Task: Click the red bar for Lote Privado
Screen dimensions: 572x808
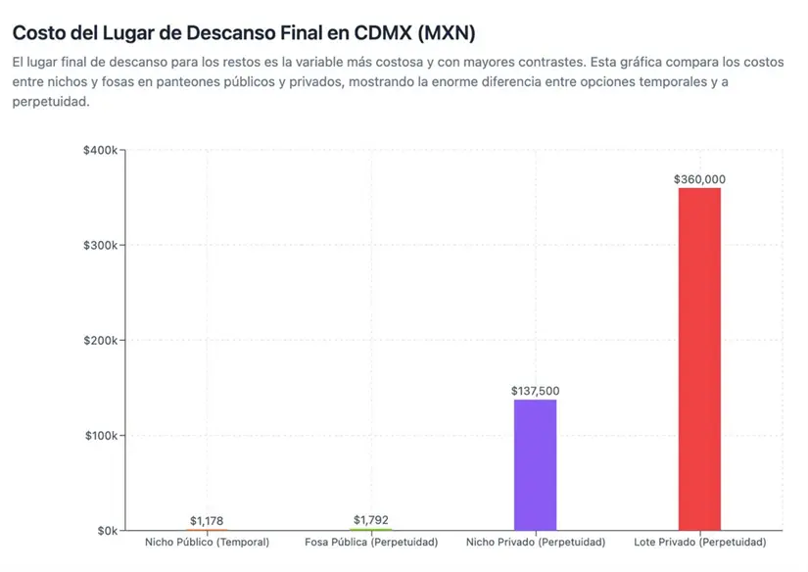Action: [x=699, y=358]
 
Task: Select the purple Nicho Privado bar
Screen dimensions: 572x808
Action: [x=535, y=464]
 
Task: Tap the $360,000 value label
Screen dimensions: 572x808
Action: [x=699, y=179]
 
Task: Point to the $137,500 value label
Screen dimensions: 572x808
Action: [x=535, y=391]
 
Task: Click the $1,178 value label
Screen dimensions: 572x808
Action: [x=207, y=520]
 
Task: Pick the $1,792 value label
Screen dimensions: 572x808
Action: [x=371, y=519]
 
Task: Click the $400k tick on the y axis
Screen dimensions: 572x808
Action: [x=101, y=150]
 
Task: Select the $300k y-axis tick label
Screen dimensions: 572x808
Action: [x=101, y=245]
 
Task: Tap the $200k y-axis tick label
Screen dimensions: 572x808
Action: [x=101, y=340]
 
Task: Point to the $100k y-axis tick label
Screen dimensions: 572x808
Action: [x=101, y=435]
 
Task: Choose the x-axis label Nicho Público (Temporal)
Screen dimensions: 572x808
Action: [x=207, y=542]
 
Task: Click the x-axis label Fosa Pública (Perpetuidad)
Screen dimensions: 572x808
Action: [x=371, y=542]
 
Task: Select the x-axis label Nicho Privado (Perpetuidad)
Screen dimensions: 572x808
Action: [x=536, y=542]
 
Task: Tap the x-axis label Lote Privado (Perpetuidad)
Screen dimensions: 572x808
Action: [x=699, y=542]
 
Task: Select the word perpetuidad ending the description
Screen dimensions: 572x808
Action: [x=50, y=101]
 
